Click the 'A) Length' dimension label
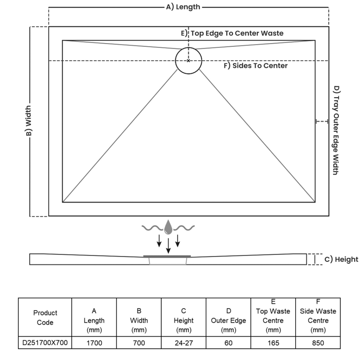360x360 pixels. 183,7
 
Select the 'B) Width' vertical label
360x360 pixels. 28,121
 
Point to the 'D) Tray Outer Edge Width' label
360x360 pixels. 336,130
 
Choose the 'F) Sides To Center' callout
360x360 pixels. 256,66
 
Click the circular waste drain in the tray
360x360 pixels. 189,60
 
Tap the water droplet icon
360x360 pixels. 168,227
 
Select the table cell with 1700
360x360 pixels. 94,343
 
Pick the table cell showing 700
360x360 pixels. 139,343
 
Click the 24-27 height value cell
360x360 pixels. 184,343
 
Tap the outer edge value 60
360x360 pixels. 229,343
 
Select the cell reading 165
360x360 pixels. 273,343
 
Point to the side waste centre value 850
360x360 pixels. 318,343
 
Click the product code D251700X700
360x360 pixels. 45,343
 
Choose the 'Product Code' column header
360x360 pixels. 45,317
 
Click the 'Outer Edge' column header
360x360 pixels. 229,320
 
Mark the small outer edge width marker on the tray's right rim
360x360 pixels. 322,121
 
